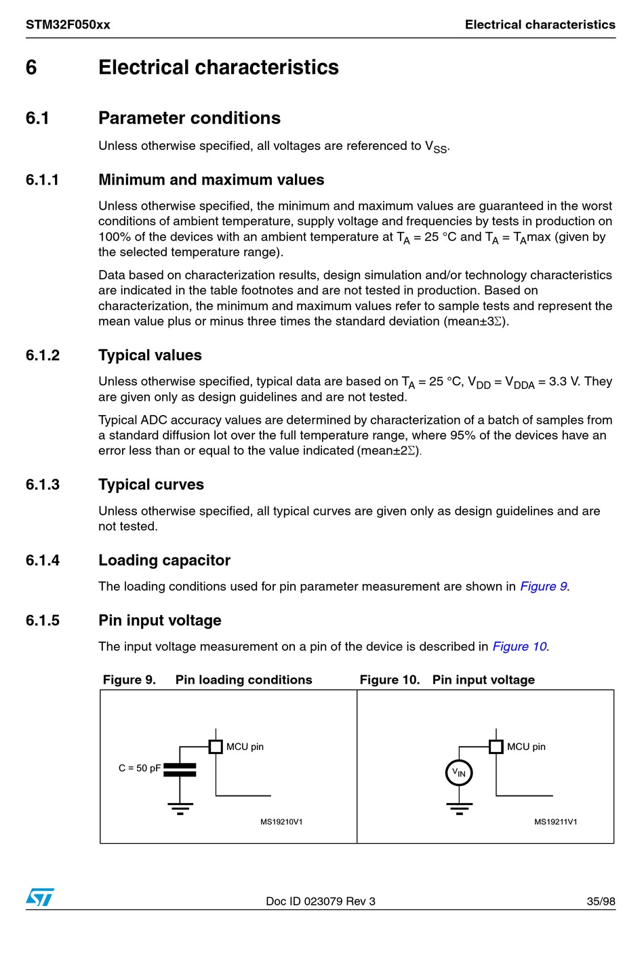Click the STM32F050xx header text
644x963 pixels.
click(x=68, y=25)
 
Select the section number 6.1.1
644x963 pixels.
click(x=43, y=180)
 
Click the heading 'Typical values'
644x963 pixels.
click(x=150, y=355)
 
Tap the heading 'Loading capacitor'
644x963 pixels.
click(x=164, y=560)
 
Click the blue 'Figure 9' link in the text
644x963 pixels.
click(x=543, y=586)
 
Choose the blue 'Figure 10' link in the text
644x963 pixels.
click(x=519, y=646)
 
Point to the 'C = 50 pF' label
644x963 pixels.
click(x=140, y=768)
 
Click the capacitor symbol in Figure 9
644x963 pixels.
click(x=180, y=770)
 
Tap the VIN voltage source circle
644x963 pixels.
click(x=459, y=772)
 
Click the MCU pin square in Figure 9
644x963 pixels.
click(x=216, y=747)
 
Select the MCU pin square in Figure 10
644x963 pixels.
click(x=496, y=747)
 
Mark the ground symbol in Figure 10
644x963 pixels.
click(x=459, y=808)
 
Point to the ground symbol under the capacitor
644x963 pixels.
click(x=180, y=808)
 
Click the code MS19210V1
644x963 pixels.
click(x=281, y=822)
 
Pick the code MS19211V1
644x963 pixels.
click(x=555, y=822)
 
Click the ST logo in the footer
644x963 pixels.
click(x=40, y=897)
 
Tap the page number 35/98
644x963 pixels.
click(x=601, y=901)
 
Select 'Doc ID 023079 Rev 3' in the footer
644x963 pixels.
click(x=320, y=901)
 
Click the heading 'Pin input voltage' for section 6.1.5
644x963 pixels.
click(x=160, y=621)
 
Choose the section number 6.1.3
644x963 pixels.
click(x=43, y=485)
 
